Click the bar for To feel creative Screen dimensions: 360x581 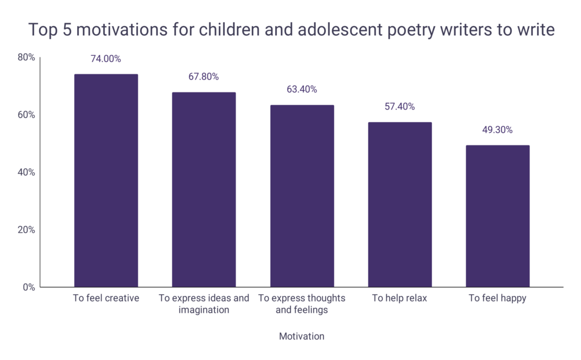point(106,181)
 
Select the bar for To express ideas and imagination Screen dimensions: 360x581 point(204,190)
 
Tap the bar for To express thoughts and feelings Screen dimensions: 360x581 point(302,196)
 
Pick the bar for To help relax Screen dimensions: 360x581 point(399,204)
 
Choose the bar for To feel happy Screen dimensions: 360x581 point(498,216)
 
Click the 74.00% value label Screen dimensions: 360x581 point(106,58)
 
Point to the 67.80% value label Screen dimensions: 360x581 point(204,77)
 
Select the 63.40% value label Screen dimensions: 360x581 point(302,90)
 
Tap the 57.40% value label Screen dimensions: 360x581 point(399,107)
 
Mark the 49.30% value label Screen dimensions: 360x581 point(498,130)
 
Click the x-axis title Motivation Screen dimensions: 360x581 point(301,336)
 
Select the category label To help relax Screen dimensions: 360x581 point(399,299)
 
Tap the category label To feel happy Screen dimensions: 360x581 point(498,299)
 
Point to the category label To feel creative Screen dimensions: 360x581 point(106,299)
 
